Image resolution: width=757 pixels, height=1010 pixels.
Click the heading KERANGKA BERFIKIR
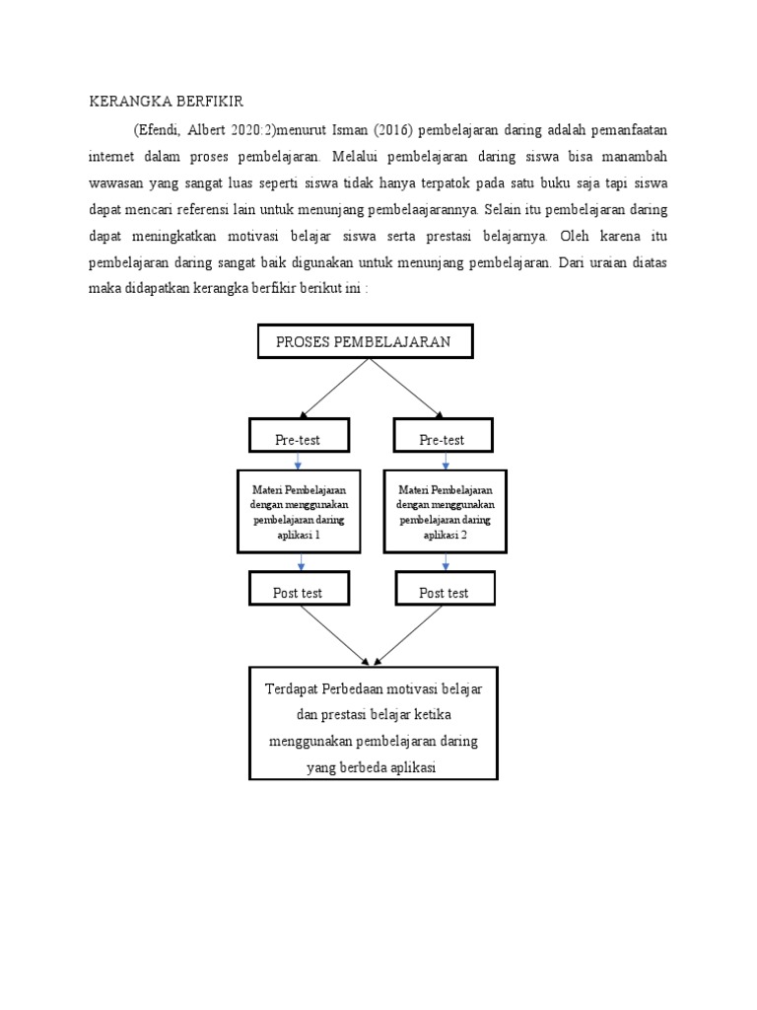click(x=167, y=102)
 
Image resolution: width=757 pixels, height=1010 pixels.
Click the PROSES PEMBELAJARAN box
click(x=366, y=341)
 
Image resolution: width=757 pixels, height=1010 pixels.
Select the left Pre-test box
click(x=297, y=438)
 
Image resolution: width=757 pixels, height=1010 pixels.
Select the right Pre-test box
click(x=442, y=438)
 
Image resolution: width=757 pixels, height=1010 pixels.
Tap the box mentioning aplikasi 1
click(x=300, y=512)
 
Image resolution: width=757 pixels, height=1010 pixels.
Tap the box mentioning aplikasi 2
click(x=446, y=512)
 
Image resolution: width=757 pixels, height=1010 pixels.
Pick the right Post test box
click(x=444, y=592)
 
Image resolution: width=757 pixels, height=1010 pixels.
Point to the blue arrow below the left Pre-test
click(x=298, y=461)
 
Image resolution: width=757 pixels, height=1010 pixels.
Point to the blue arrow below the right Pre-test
click(x=445, y=461)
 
